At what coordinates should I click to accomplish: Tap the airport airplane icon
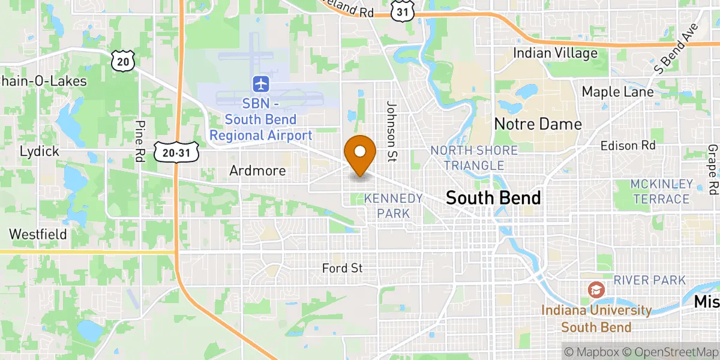261,83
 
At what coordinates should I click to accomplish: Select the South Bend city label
493,198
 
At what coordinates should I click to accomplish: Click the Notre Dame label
538,124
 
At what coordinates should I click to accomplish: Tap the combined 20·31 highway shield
176,153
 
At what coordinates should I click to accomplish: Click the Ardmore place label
257,171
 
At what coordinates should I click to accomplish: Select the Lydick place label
40,151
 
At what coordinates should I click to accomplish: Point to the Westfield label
38,234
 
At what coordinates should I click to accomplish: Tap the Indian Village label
555,53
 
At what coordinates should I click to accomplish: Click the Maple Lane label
616,92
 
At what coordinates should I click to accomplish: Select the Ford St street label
342,268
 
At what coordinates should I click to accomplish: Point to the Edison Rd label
628,146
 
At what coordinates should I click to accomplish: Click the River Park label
649,280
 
